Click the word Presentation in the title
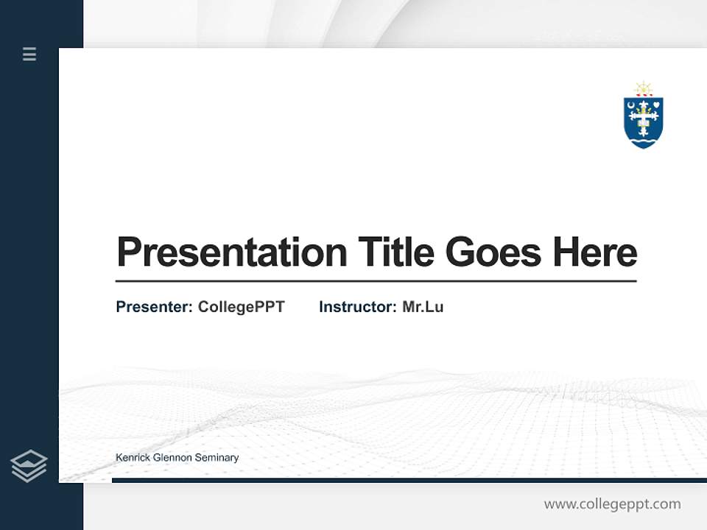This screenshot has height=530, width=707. coord(232,252)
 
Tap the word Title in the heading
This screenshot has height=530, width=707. coord(395,252)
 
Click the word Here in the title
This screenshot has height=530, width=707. coord(595,252)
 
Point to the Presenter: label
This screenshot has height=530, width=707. coord(154,307)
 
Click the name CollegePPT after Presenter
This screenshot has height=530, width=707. coord(241,307)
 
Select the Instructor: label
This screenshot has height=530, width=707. coord(357,307)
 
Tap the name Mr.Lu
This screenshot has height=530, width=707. coord(423,307)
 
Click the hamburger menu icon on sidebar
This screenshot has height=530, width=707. coord(29,54)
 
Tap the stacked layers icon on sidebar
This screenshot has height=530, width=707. coord(29,466)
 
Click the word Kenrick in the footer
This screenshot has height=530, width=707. coord(132,458)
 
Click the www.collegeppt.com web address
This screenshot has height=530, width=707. coord(612,504)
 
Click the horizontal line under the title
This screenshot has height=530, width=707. coord(376,281)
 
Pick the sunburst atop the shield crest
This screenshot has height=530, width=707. coord(644,88)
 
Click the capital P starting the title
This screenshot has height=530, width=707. coord(128,252)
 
